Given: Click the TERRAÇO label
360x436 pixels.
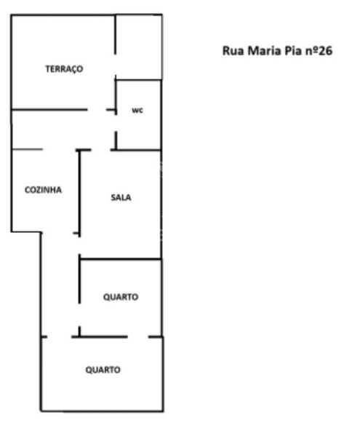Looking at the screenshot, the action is [x=64, y=69].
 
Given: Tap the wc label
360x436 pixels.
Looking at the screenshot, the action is [x=137, y=111].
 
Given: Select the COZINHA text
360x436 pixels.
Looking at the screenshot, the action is [x=44, y=190].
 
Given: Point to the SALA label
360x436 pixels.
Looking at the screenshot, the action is [x=121, y=197].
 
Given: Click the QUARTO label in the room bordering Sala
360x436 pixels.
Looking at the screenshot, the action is [x=121, y=297].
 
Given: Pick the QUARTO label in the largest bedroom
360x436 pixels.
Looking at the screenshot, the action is [x=103, y=370].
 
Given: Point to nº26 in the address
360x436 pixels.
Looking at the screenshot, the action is [x=319, y=51].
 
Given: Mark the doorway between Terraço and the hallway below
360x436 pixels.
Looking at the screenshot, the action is [x=97, y=110].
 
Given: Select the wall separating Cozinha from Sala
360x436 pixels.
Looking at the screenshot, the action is [x=79, y=193].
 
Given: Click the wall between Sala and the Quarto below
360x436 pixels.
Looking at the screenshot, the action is [x=121, y=259].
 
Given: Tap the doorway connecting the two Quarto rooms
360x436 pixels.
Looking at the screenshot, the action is [x=138, y=337].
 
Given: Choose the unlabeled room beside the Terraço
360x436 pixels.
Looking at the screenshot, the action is [x=139, y=47].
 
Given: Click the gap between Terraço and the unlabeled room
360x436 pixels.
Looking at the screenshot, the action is [x=116, y=65].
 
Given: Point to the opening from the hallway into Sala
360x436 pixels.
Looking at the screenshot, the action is [x=101, y=150].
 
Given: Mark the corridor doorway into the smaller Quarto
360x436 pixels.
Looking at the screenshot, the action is [x=79, y=314].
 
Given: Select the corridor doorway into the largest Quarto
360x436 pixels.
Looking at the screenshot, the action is [x=60, y=337].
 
